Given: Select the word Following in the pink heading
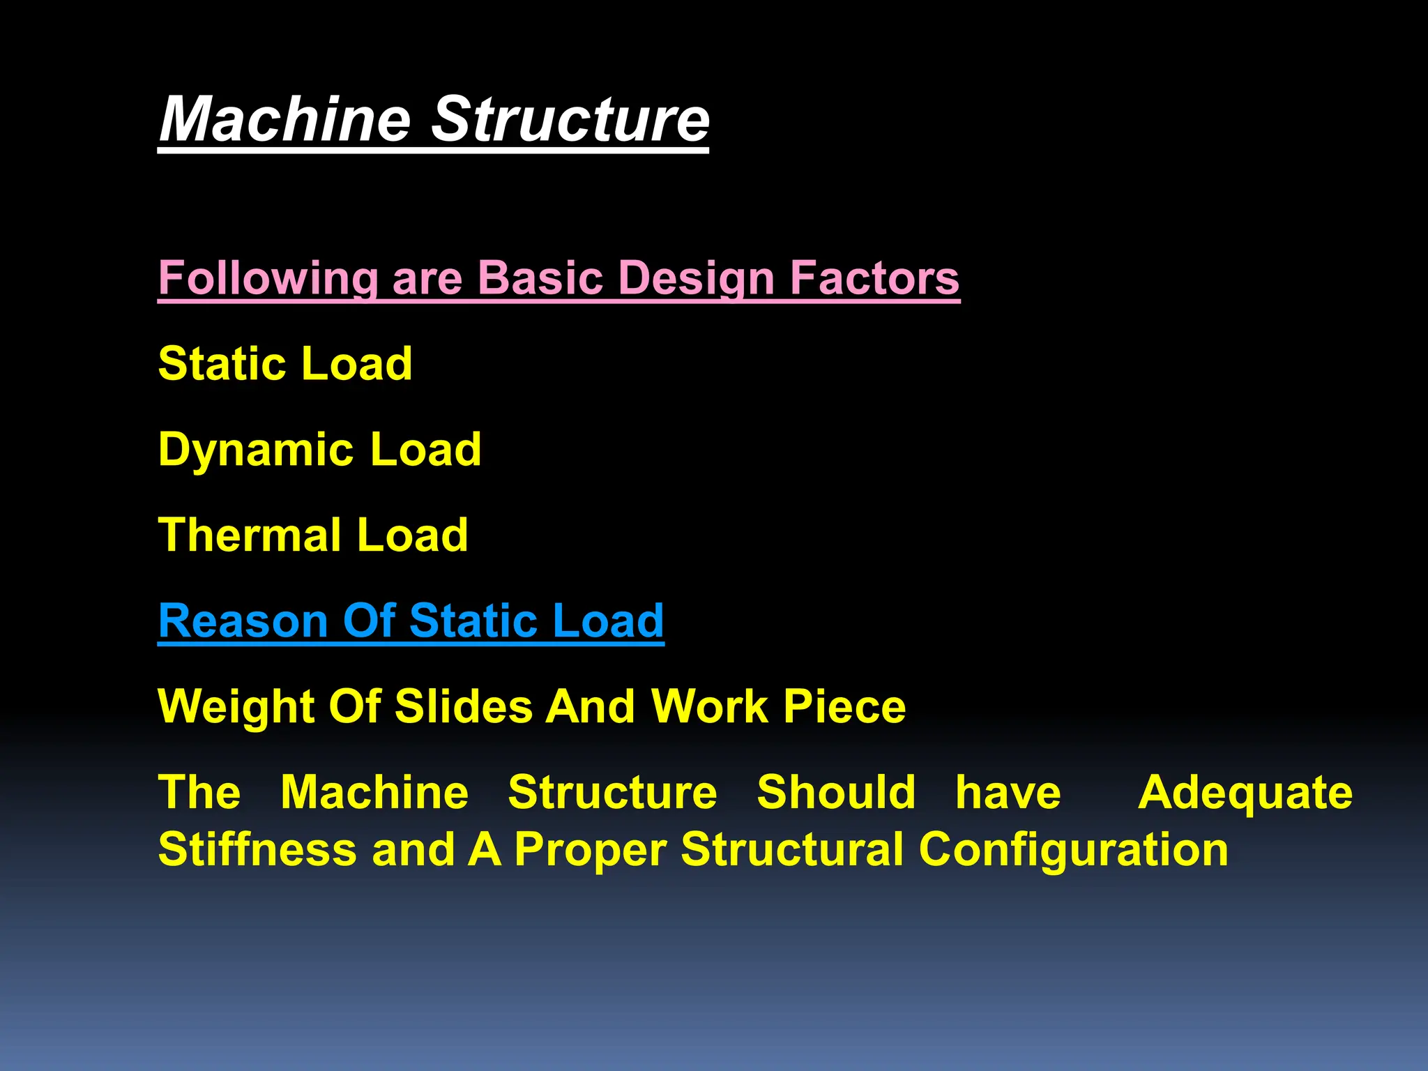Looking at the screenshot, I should pos(268,278).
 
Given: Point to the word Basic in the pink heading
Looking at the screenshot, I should pos(541,278).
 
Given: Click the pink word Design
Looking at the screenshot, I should pos(697,278).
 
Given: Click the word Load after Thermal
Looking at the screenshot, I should pos(412,535).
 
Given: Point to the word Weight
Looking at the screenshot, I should pos(236,706).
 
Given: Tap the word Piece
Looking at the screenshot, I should pos(844,706).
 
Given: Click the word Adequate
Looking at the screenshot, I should pos(1245,793).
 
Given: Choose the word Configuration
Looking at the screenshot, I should pos(1073,849).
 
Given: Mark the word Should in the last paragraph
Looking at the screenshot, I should pos(836,793).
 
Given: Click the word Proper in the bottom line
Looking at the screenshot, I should pos(590,849).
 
